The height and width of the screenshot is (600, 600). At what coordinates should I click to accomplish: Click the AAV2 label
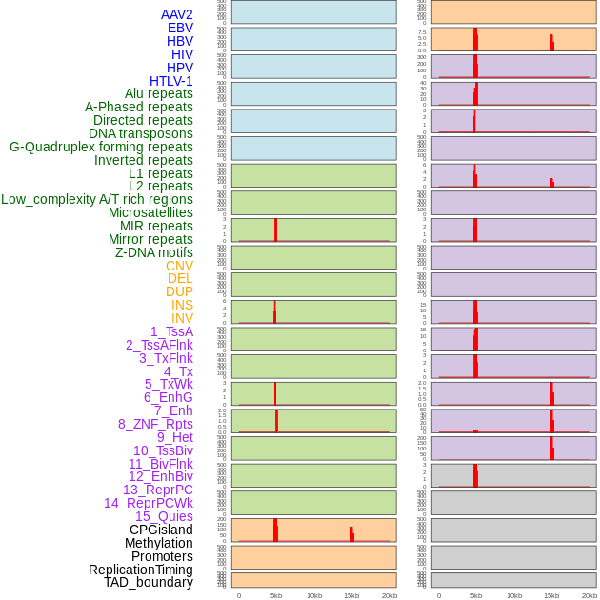[176, 14]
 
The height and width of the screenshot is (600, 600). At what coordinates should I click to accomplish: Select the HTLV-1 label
[170, 81]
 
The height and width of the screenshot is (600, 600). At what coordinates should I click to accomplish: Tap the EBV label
[180, 28]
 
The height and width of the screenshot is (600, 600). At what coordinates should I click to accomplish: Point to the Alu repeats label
[159, 93]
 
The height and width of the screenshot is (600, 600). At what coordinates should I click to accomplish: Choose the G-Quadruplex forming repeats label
[101, 147]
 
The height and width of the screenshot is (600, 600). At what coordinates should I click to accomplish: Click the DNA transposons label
[141, 133]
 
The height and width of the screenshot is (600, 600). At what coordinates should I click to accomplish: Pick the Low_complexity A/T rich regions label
[97, 199]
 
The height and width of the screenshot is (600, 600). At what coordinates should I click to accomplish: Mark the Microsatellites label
[150, 212]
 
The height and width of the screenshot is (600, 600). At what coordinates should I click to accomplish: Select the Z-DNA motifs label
[154, 252]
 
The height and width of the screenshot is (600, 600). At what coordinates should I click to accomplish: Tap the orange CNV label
[179, 266]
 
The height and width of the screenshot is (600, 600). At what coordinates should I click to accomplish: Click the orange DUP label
[179, 291]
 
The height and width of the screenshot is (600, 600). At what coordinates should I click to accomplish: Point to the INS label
[182, 305]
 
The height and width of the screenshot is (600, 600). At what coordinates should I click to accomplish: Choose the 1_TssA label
[171, 331]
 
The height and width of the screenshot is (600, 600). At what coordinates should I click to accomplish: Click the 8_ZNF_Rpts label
[155, 424]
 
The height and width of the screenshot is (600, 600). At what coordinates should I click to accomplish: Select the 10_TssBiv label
[163, 450]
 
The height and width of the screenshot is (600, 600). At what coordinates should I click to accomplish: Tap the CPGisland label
[161, 530]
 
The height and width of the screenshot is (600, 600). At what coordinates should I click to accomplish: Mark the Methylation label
[158, 543]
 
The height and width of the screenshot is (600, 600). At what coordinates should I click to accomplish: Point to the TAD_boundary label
[149, 582]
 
